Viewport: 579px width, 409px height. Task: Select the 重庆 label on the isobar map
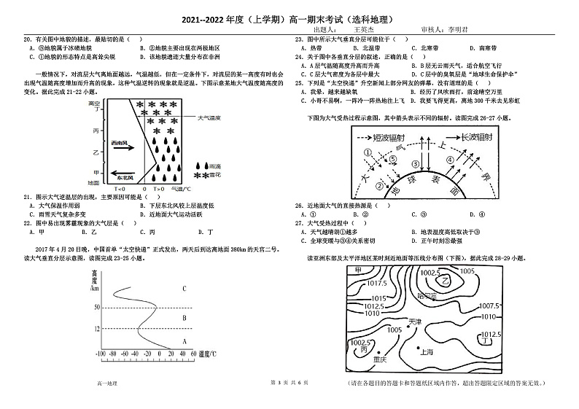pos(378,359)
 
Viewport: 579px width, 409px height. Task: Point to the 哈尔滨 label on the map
pos(427,297)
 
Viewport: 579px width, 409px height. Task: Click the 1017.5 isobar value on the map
pos(376,283)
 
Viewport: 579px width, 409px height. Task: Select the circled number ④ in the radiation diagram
pos(450,160)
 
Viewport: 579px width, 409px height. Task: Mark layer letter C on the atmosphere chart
pos(184,289)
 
